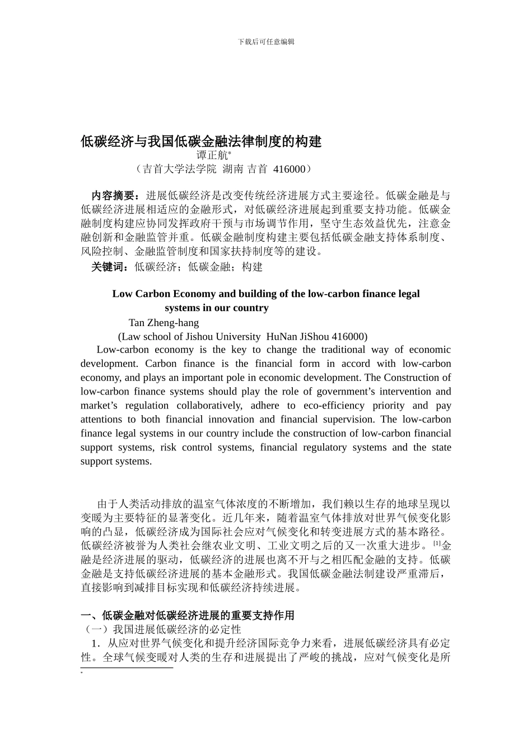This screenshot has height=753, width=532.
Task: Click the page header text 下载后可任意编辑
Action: coord(266,41)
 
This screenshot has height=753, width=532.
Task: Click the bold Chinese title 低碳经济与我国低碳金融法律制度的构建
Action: coord(201,142)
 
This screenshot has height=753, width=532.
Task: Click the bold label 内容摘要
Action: coord(114,196)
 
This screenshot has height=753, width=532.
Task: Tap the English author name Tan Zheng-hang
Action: coord(164,323)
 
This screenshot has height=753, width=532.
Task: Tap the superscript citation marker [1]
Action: coord(437,543)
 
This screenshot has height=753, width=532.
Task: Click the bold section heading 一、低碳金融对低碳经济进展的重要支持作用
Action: coord(188,615)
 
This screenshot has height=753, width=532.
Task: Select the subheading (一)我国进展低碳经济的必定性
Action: coord(161,629)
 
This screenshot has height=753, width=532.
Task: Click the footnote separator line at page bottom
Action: coord(127,667)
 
